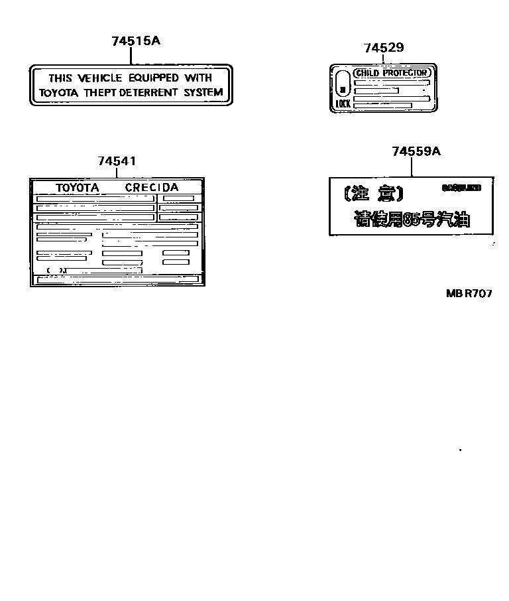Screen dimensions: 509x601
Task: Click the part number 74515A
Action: click(136, 41)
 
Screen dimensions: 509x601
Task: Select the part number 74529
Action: click(384, 48)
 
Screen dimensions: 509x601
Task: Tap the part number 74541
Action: click(117, 161)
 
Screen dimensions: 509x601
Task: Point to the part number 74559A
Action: click(416, 151)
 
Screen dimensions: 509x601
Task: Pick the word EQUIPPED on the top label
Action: click(152, 78)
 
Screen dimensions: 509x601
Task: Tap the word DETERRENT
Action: click(156, 93)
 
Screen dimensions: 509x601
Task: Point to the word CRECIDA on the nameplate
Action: click(152, 188)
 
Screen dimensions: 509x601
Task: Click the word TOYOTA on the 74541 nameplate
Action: click(77, 188)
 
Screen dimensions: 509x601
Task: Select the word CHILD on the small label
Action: click(368, 72)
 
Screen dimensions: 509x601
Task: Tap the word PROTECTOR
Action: click(405, 72)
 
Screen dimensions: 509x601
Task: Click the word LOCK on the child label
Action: click(343, 104)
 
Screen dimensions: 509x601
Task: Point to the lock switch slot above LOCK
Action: click(343, 86)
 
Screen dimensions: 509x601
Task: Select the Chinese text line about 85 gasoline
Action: click(412, 220)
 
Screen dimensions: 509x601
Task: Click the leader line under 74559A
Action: click(412, 167)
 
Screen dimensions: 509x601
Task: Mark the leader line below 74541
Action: click(117, 172)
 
